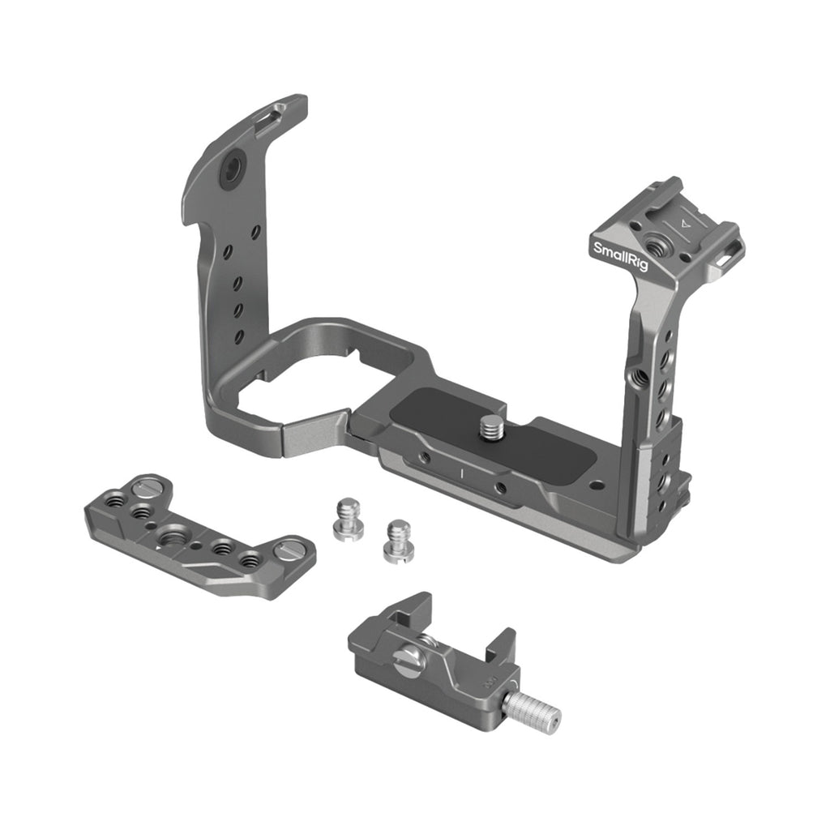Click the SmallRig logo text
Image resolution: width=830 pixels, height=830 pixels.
pos(620,256)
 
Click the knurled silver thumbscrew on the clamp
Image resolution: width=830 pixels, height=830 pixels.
pos(531,712)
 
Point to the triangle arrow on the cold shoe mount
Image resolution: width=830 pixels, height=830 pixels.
pos(686,223)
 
